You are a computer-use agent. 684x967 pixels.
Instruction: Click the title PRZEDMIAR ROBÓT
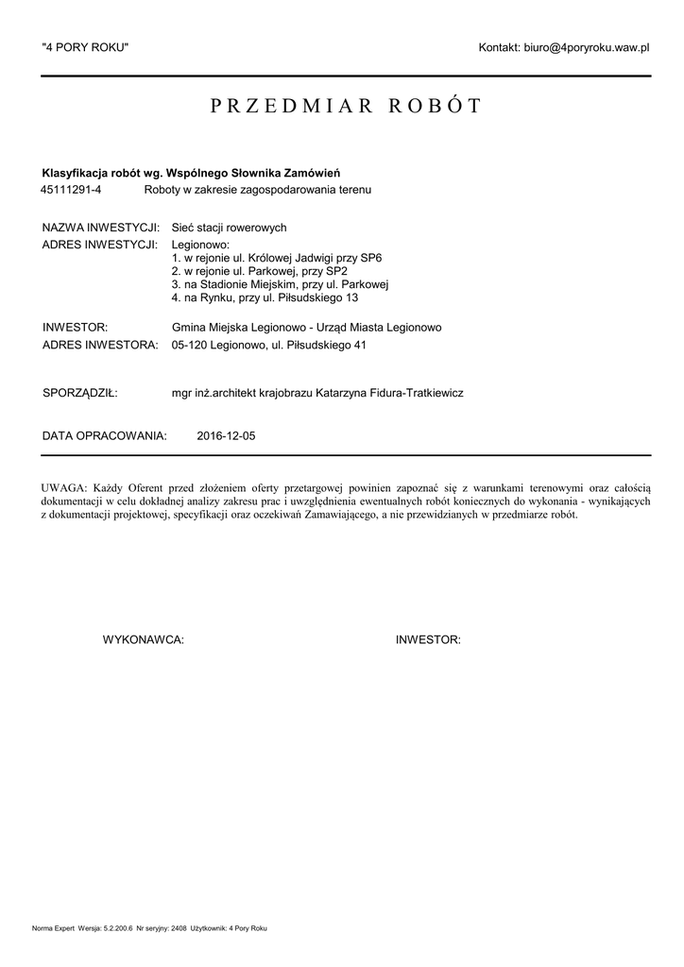(345, 106)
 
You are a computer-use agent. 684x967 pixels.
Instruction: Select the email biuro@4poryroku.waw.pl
(588, 47)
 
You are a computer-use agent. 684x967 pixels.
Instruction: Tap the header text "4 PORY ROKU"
(85, 47)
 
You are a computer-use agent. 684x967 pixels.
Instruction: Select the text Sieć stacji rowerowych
(229, 228)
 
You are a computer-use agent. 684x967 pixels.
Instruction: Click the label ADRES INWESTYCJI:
(99, 244)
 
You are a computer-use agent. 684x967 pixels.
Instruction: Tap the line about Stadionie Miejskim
(281, 284)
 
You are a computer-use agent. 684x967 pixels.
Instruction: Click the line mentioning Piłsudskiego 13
(265, 297)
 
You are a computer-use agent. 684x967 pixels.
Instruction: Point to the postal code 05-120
(189, 346)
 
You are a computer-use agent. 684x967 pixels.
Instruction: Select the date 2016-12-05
(226, 436)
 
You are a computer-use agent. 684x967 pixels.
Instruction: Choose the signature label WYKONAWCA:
(143, 640)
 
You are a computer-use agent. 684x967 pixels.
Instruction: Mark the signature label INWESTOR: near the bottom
(428, 640)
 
